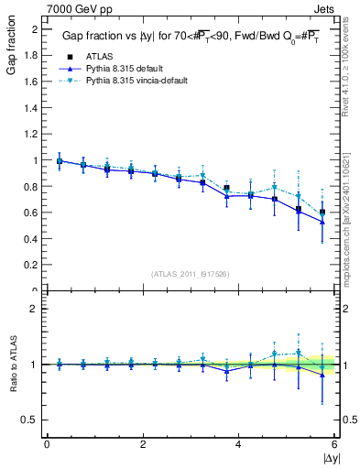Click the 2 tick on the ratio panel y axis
point(36,309)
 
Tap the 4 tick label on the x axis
point(239,444)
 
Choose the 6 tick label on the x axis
point(335,444)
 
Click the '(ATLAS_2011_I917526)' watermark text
point(191,274)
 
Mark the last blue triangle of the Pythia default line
point(322,247)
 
